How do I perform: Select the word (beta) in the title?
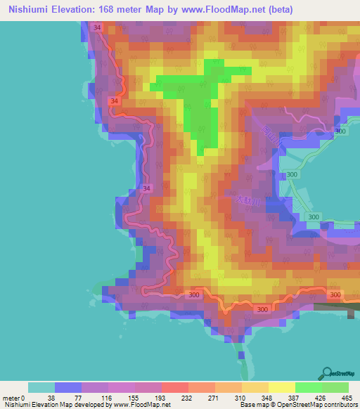pos(278,10)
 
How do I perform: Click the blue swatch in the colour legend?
pos(68,387)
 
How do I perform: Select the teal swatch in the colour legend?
pos(41,387)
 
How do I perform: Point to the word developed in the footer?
pos(88,404)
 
